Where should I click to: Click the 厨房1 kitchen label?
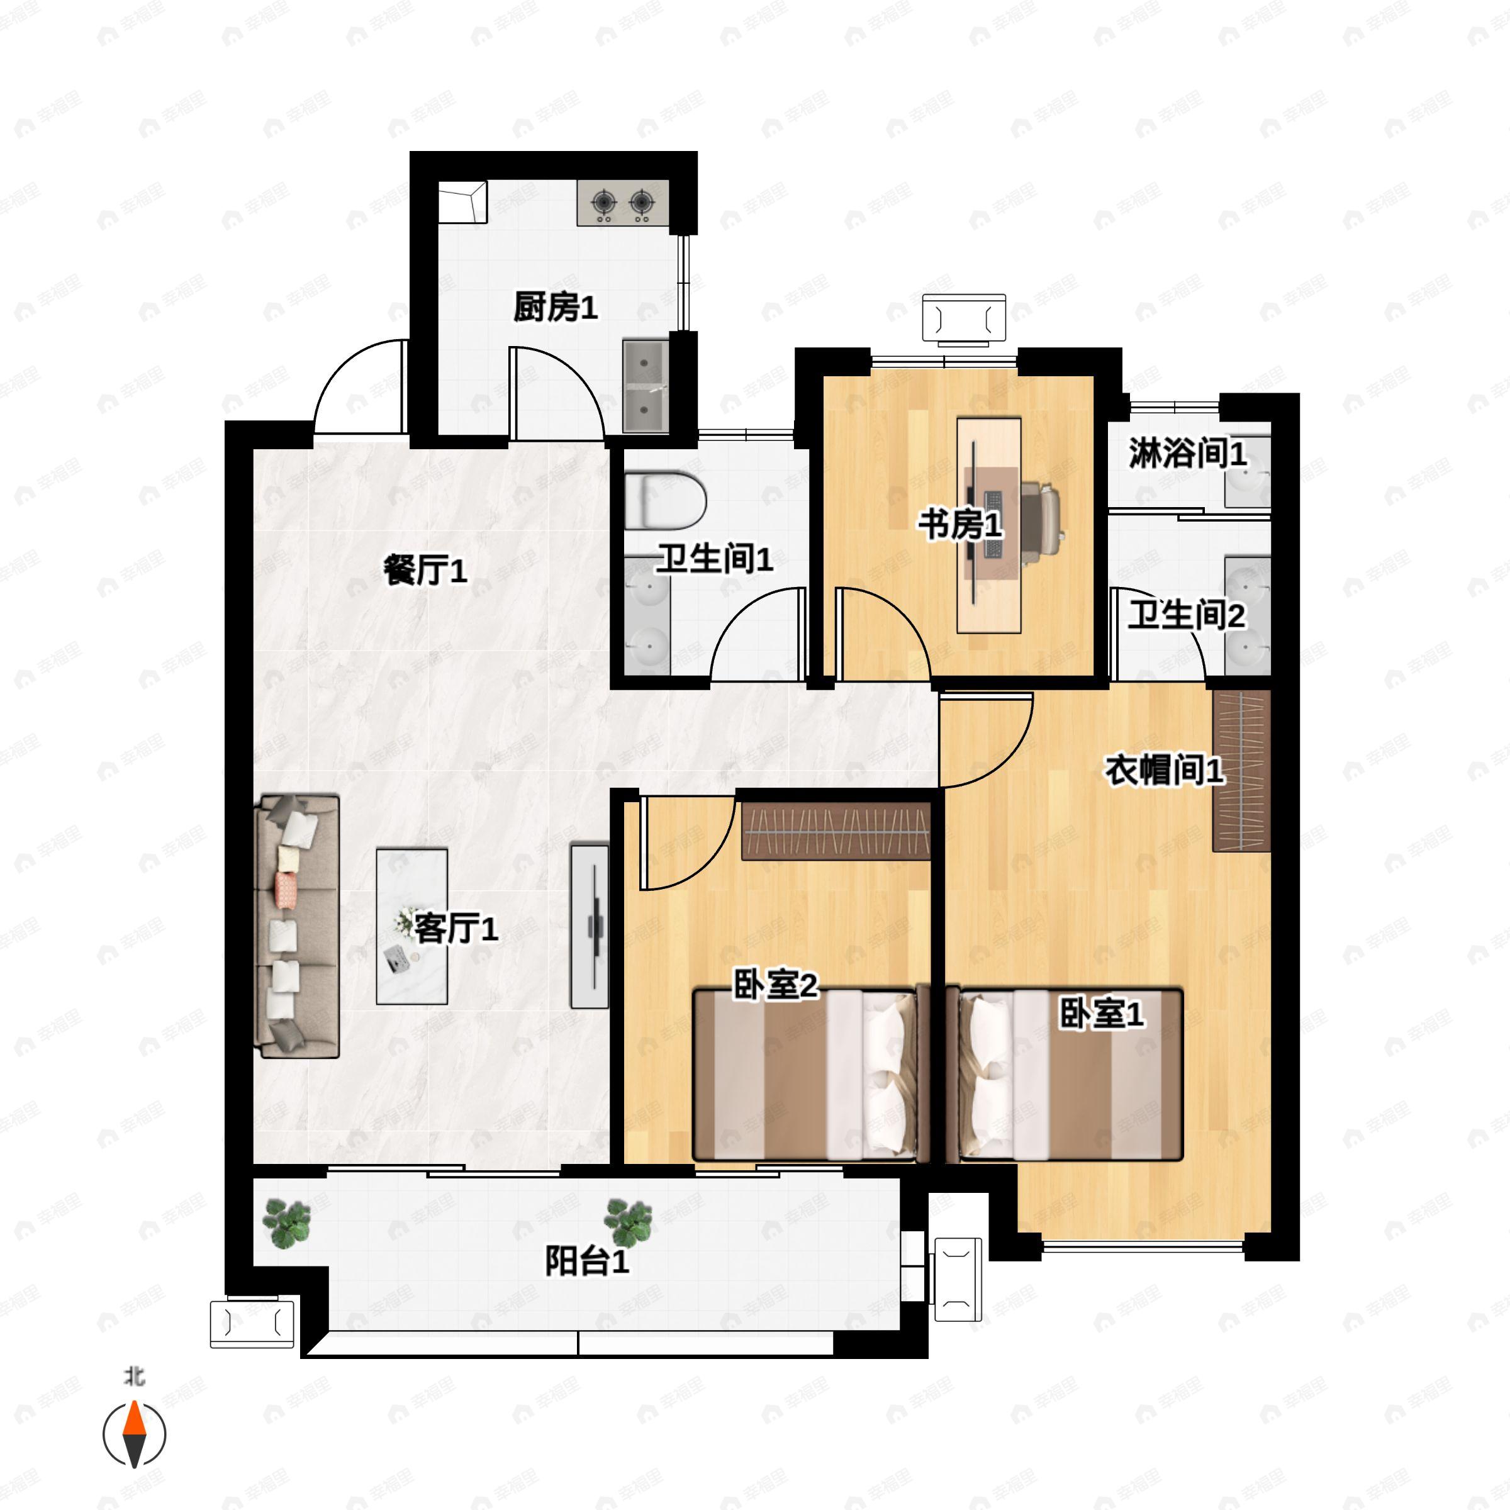click(556, 307)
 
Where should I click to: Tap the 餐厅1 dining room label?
click(425, 571)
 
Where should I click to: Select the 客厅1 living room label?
click(456, 929)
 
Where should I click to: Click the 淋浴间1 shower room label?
click(1187, 453)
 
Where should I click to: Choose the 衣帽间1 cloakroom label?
click(1164, 771)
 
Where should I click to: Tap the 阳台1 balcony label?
click(586, 1261)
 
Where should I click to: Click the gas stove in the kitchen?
click(623, 203)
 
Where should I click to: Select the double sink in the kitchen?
click(646, 386)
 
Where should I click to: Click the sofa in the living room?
click(298, 926)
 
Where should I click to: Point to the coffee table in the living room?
click(412, 926)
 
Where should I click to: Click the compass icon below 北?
click(135, 1434)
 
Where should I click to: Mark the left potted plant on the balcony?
click(287, 1223)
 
